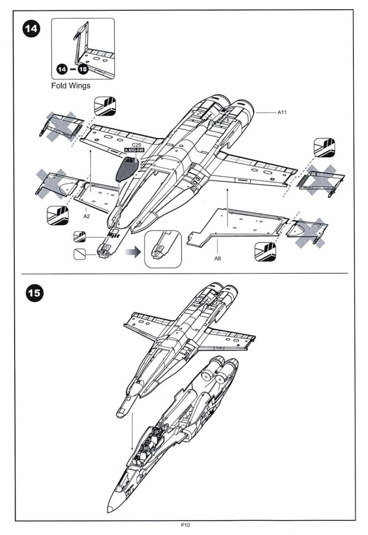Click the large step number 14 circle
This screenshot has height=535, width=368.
pyautogui.click(x=31, y=29)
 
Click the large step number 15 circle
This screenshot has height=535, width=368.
pyautogui.click(x=35, y=293)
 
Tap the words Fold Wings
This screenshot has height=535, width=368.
pyautogui.click(x=71, y=86)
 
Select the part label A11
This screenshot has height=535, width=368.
pyautogui.click(x=282, y=112)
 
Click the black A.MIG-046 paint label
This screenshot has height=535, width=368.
pyautogui.click(x=134, y=150)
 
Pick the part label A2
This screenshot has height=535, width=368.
pyautogui.click(x=86, y=216)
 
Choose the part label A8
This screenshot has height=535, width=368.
pyautogui.click(x=217, y=258)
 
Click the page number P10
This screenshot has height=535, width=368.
pyautogui.click(x=185, y=526)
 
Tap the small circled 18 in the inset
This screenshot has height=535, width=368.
pyautogui.click(x=83, y=70)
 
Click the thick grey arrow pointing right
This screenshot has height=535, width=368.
pyautogui.click(x=133, y=253)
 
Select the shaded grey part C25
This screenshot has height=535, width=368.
pyautogui.click(x=127, y=169)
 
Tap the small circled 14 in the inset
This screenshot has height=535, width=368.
pyautogui.click(x=62, y=70)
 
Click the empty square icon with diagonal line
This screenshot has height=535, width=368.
pyautogui.click(x=79, y=254)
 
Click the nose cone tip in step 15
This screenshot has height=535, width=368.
pyautogui.click(x=108, y=509)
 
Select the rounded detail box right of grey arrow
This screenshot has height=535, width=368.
pyautogui.click(x=163, y=249)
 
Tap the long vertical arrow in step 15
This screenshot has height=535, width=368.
pyautogui.click(x=132, y=431)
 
